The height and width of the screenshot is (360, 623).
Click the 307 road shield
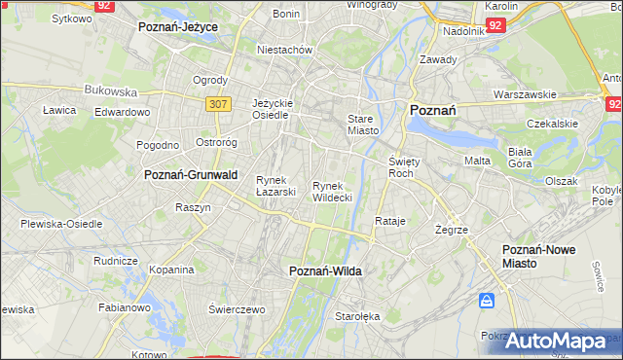[x=217, y=101]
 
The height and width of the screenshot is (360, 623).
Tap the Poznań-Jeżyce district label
[x=177, y=27]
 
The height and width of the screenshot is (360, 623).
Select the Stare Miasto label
[x=362, y=124]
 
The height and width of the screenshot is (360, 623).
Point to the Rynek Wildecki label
[x=332, y=191]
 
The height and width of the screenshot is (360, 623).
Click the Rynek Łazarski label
[x=275, y=185]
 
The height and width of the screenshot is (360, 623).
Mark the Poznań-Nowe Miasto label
[x=538, y=256]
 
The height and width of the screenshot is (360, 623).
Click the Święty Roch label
[x=402, y=166]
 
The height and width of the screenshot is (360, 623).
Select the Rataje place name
[x=389, y=221]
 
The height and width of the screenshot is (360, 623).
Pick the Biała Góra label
[x=525, y=157]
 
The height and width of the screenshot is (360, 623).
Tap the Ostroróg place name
[x=216, y=143]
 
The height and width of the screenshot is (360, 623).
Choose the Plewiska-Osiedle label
[x=61, y=223]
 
